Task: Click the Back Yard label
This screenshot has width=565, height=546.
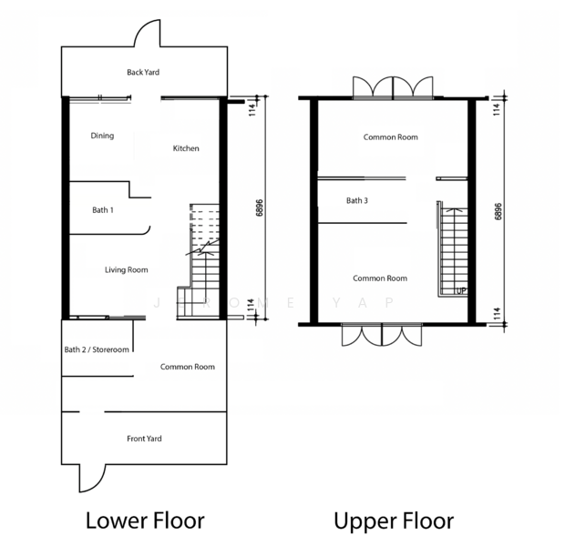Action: (143, 72)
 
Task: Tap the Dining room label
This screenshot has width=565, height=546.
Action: (102, 136)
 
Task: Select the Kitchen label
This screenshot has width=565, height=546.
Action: (186, 148)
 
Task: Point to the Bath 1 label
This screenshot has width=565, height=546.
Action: (103, 210)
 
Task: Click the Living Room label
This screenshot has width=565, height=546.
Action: (127, 270)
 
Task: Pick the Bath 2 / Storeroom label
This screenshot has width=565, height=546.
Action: (97, 349)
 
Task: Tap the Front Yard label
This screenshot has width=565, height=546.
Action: (144, 439)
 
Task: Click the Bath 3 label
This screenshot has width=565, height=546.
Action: (357, 200)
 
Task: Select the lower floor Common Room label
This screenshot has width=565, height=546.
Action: (188, 367)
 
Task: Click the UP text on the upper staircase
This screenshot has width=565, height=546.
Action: (461, 291)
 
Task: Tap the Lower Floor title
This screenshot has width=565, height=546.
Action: (145, 521)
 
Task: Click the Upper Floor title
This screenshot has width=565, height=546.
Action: (394, 521)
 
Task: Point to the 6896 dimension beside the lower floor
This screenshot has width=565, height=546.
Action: (260, 207)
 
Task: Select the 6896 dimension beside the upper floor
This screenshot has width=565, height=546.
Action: (498, 212)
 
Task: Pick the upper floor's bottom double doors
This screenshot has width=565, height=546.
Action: (382, 335)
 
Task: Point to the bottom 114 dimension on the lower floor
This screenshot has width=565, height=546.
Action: (252, 305)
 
